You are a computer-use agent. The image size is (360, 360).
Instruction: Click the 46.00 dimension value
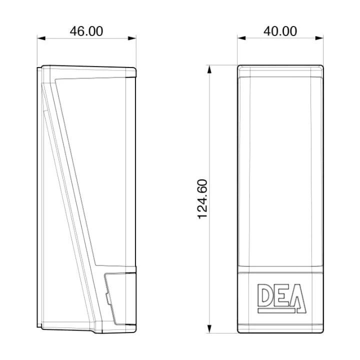(x=86, y=31)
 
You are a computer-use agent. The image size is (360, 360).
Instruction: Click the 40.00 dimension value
(x=280, y=31)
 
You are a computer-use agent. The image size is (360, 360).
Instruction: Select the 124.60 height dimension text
(x=202, y=199)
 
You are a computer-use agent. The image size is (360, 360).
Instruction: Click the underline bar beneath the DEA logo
(x=276, y=310)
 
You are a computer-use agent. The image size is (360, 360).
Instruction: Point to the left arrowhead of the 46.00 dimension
(x=41, y=38)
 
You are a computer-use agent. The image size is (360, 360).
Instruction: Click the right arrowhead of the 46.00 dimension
(x=132, y=38)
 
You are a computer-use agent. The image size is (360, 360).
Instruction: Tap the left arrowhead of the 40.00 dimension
(x=241, y=38)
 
